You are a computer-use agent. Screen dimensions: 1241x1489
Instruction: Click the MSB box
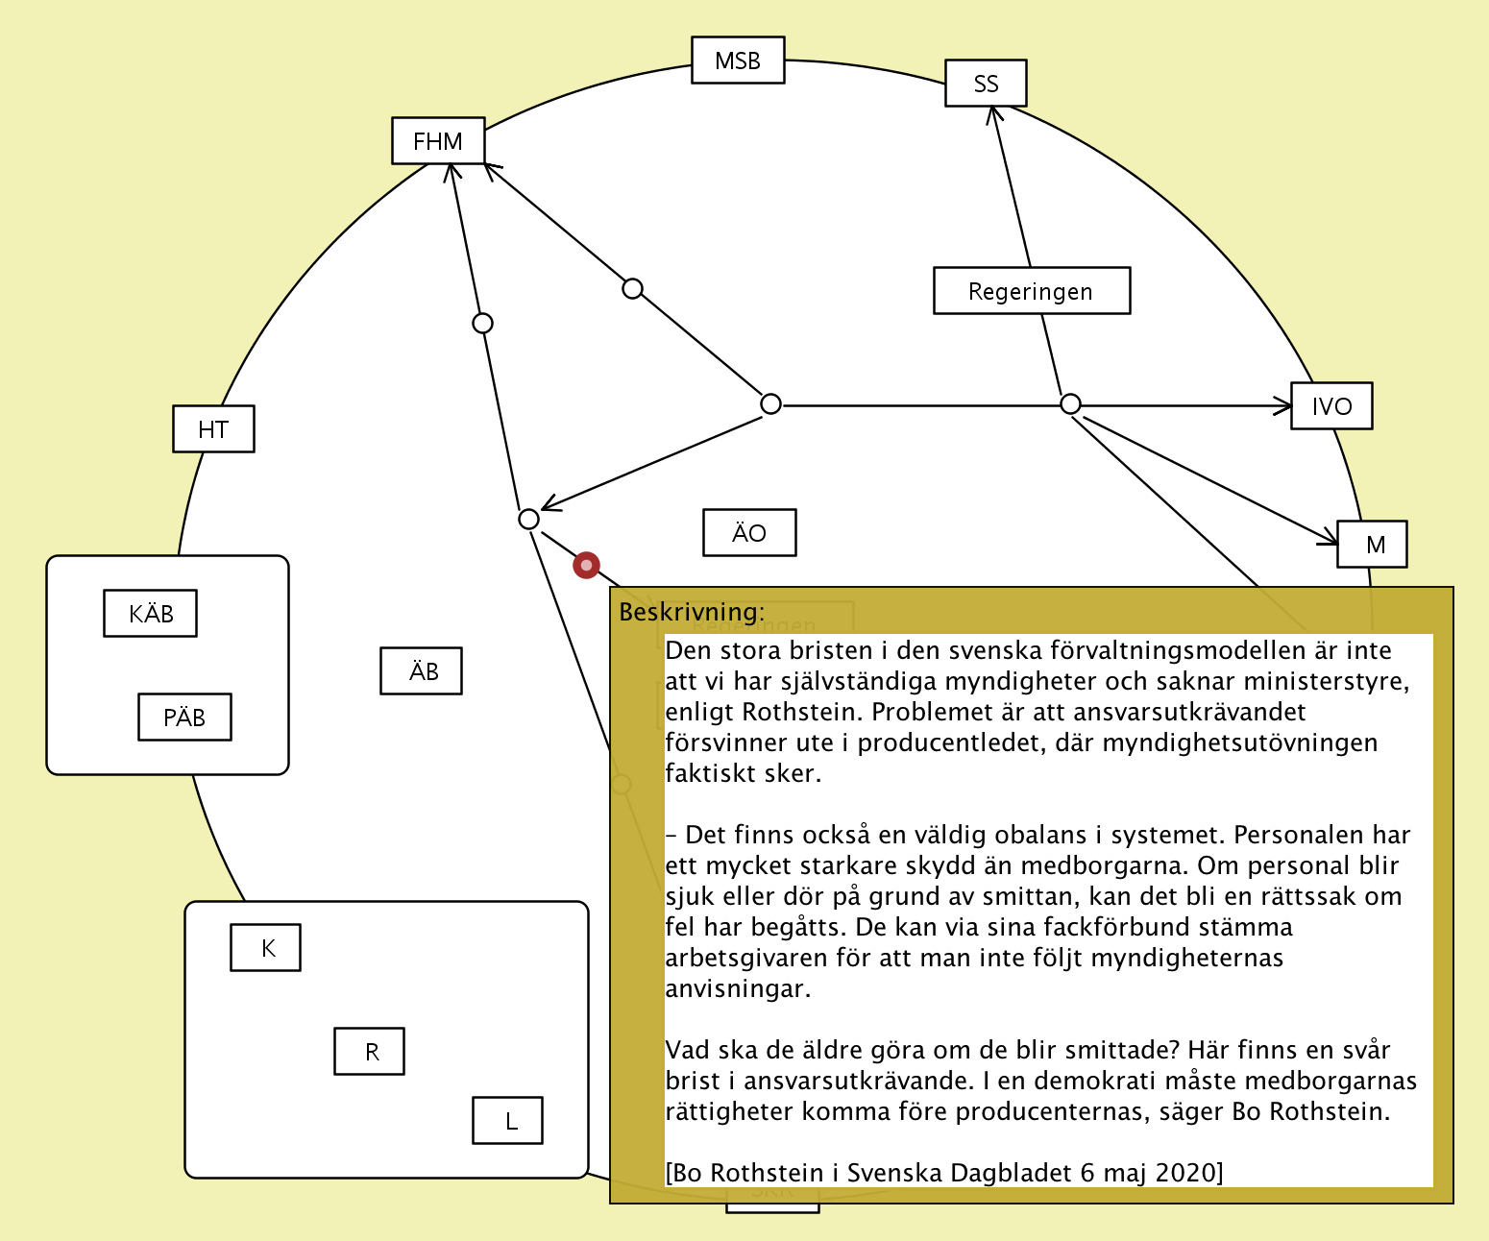738,61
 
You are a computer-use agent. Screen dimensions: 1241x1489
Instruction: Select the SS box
986,84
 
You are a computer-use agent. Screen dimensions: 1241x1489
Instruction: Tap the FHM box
438,141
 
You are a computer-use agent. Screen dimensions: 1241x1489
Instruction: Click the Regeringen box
1031,291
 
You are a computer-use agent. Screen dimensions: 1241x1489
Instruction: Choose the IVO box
1330,406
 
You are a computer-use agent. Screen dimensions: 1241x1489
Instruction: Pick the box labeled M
1372,545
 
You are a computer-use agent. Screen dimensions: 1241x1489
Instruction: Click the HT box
213,429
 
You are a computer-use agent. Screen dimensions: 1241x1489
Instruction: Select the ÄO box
749,533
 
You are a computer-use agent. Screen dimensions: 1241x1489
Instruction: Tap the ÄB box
422,671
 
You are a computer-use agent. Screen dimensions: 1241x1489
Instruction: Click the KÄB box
151,614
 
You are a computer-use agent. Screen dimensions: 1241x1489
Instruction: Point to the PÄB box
184,718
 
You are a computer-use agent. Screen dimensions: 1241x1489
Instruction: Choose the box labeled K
266,948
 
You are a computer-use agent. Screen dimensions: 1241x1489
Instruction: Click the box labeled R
370,1052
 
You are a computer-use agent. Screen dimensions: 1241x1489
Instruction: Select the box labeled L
508,1121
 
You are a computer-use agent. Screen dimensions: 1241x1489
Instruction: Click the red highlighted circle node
586,565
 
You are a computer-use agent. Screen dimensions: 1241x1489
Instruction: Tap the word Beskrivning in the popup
691,612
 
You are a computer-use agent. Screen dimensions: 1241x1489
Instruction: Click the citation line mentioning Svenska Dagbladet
943,1173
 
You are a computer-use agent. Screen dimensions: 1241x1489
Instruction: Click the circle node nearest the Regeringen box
1070,404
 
